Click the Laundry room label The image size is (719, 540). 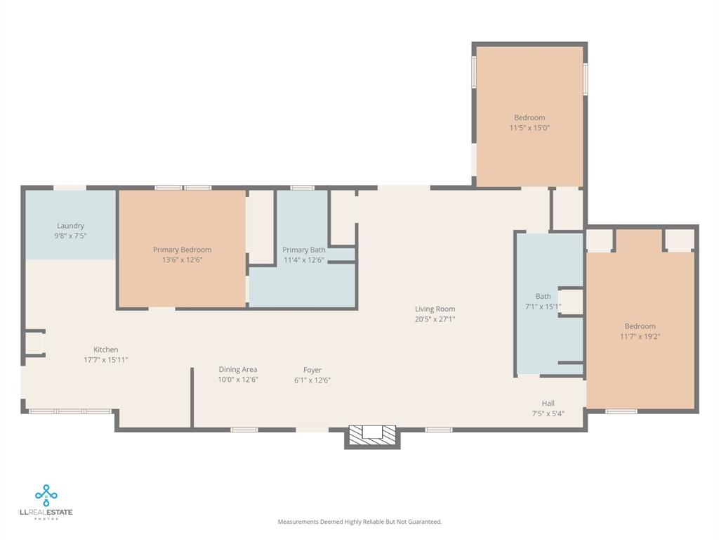coord(70,226)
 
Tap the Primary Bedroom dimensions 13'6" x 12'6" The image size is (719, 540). coord(182,259)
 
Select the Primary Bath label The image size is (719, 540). coord(303,250)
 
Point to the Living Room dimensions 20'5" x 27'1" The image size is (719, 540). coord(435,319)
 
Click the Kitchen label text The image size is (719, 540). coord(106,349)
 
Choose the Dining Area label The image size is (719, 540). coord(238,369)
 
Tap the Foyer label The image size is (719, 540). coord(312,370)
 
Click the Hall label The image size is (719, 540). coord(548,403)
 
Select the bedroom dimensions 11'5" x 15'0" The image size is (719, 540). coord(529,127)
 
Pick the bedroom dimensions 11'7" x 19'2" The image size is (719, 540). coord(640,336)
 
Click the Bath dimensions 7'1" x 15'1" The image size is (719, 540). coord(543,306)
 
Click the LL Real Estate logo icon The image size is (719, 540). coord(46,495)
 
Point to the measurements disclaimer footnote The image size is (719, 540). coord(359,522)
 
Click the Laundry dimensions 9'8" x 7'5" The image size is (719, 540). coord(70,236)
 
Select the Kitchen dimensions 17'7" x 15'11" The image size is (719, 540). coord(105,359)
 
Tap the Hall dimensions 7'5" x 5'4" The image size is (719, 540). coord(548,413)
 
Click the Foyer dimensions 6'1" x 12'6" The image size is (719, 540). coord(312,380)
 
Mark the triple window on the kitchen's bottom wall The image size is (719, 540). coord(70,411)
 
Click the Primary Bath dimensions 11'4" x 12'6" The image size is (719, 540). coord(303,259)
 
